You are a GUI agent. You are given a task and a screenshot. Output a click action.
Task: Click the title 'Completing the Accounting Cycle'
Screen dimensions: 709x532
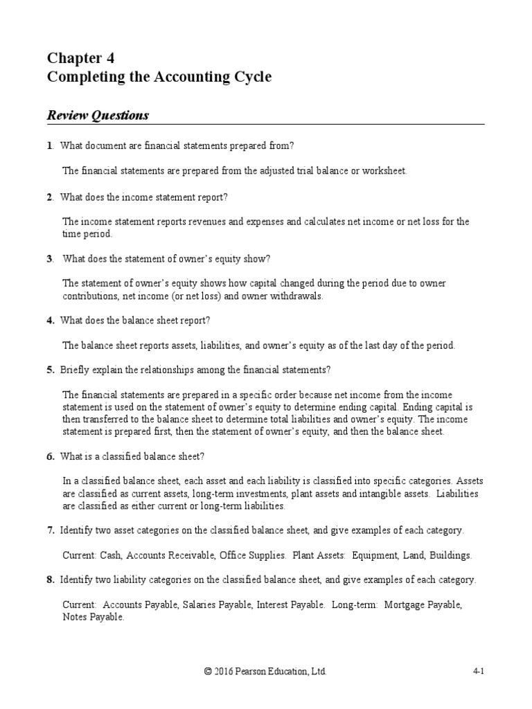159,77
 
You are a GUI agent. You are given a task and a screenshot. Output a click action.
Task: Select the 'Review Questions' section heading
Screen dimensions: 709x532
98,116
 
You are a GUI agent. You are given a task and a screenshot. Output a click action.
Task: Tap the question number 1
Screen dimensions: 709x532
49,145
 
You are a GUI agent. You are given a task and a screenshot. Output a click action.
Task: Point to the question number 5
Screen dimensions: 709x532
50,370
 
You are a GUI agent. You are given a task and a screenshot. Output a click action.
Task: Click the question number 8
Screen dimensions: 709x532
50,580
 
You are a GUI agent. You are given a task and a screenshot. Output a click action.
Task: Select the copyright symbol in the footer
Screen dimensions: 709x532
207,672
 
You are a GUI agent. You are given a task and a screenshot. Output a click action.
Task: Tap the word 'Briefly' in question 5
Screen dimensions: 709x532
74,370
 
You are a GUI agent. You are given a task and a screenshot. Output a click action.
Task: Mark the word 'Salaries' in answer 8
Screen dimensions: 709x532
198,605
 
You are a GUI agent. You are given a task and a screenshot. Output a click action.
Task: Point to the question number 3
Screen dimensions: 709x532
50,258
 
